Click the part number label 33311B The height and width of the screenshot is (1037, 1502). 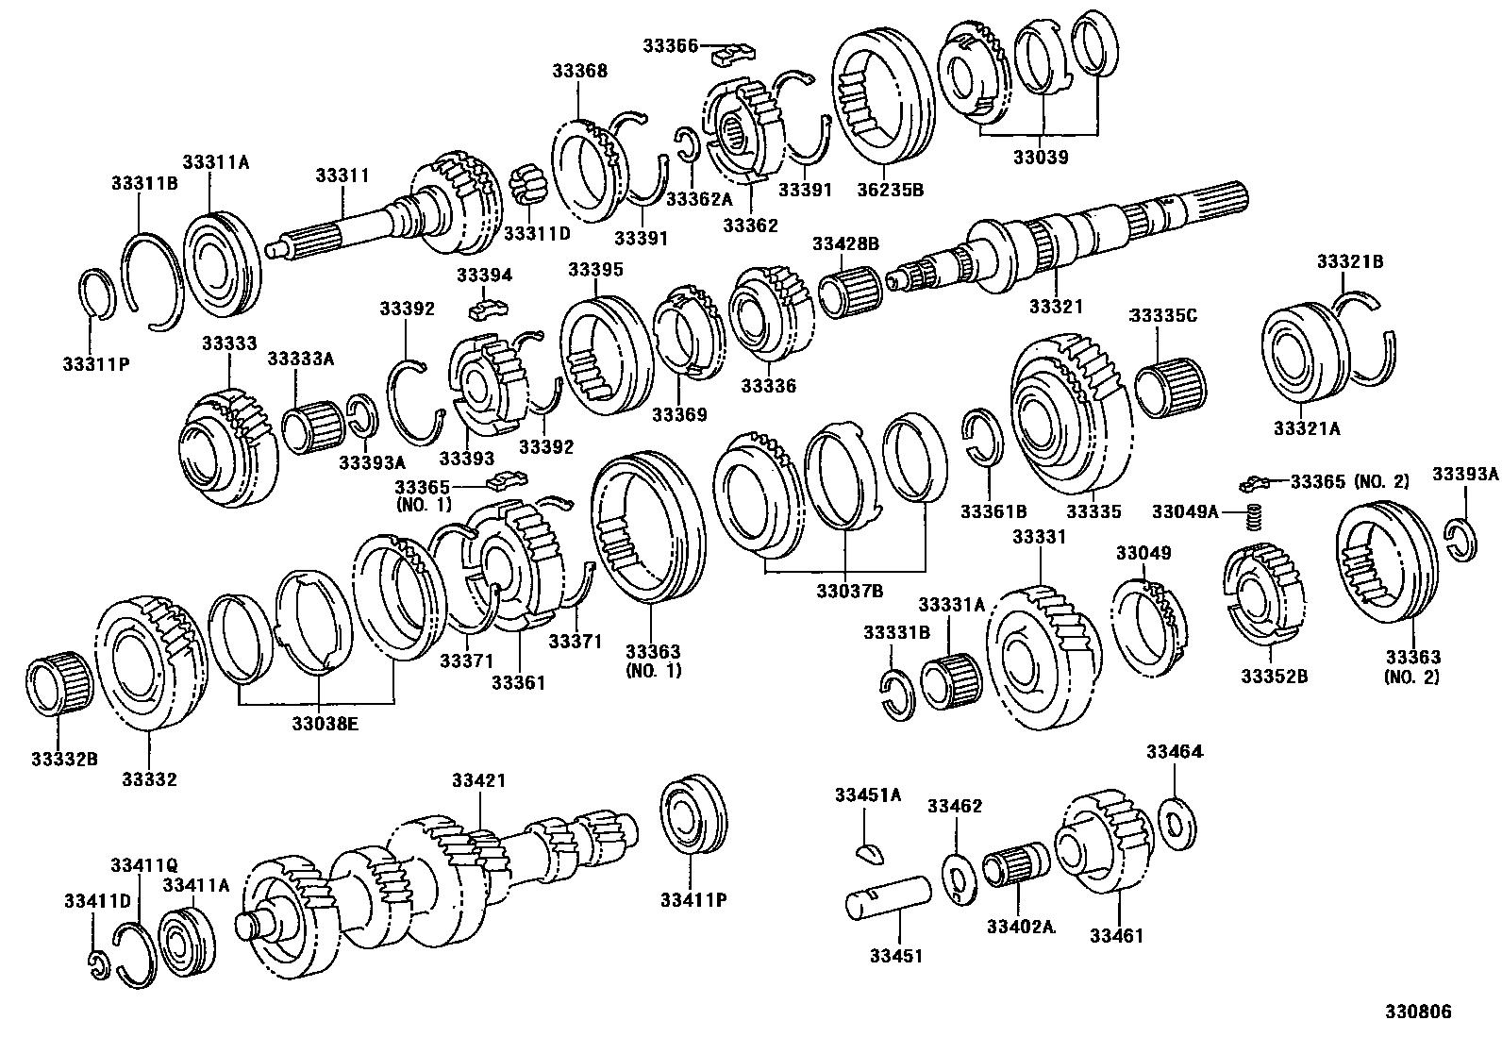(144, 183)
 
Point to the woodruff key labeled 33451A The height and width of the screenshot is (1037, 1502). (873, 854)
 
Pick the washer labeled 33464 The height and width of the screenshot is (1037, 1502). (1176, 824)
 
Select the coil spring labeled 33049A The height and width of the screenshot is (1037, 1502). (1255, 518)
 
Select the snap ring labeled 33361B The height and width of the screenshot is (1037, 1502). (984, 437)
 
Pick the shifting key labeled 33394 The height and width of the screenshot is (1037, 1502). (487, 309)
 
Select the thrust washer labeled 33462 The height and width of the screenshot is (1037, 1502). (958, 878)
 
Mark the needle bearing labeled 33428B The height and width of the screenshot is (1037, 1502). (848, 293)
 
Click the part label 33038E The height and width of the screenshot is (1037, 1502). (320, 724)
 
